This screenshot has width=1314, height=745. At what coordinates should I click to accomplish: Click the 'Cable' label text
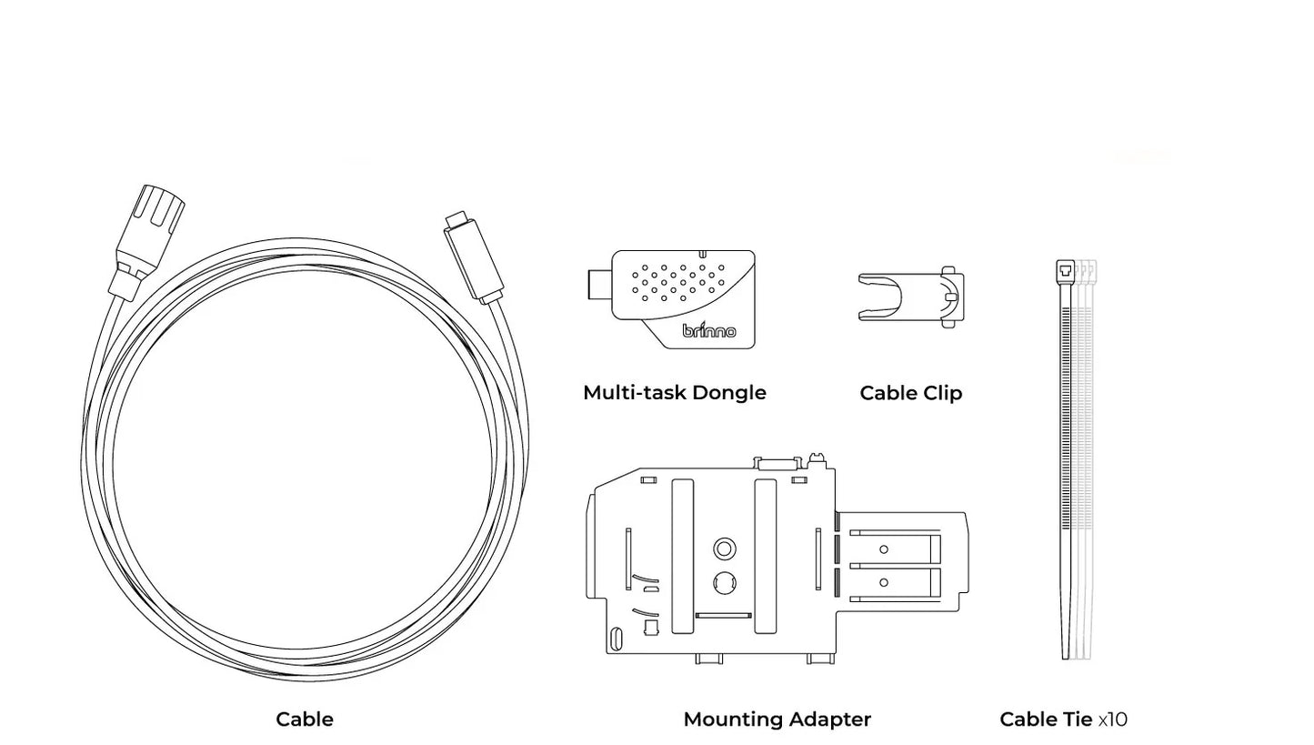click(x=304, y=720)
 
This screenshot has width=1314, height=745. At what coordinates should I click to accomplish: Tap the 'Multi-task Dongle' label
click(x=674, y=393)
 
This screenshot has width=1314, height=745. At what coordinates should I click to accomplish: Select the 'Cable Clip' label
click(x=910, y=393)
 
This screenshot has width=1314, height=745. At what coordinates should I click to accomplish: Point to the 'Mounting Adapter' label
click(x=777, y=720)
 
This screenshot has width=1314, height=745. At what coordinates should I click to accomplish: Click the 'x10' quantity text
click(x=1112, y=720)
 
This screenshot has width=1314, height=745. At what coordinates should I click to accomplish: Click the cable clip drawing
click(x=909, y=297)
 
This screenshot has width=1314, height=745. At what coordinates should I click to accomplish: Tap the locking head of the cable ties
click(x=1065, y=270)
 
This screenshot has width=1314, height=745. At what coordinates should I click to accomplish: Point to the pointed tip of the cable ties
click(x=1067, y=650)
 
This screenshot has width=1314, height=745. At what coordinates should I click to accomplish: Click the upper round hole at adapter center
click(x=725, y=549)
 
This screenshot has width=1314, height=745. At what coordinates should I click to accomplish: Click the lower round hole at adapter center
click(x=725, y=582)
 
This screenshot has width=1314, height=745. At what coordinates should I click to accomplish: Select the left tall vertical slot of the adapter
click(x=682, y=555)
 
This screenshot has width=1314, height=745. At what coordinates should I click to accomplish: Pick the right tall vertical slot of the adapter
click(x=766, y=555)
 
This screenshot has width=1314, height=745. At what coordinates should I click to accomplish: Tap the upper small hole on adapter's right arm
click(x=883, y=549)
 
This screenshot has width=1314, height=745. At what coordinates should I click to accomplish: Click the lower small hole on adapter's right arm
click(x=883, y=582)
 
